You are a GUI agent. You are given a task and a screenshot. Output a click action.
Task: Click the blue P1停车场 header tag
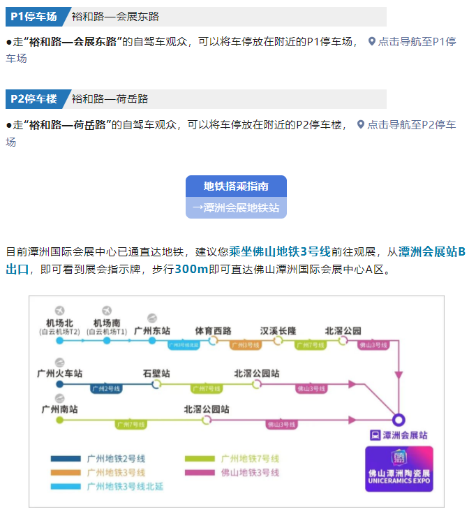(34, 17)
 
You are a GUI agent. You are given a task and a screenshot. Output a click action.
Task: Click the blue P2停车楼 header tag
(34, 99)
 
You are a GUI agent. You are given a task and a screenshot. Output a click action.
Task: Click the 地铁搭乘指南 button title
(236, 186)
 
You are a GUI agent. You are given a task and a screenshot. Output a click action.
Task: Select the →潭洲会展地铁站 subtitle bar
(236, 207)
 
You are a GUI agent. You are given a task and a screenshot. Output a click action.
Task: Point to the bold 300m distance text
(191, 270)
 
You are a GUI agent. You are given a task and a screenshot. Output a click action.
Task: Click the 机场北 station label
(59, 323)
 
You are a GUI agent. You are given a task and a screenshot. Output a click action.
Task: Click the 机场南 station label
(107, 323)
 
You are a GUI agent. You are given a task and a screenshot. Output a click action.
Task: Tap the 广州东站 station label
(152, 330)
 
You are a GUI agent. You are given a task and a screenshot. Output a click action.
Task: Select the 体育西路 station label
(212, 330)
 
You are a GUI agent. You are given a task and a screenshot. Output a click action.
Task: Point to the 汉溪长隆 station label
(278, 330)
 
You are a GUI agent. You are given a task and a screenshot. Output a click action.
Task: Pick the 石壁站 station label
(156, 373)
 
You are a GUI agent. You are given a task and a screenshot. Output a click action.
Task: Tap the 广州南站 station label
(59, 409)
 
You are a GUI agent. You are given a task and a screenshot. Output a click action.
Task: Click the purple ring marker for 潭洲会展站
(398, 420)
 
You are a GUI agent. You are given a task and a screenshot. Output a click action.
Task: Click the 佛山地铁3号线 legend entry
(250, 473)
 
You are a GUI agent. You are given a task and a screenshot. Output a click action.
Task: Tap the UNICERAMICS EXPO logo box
(399, 469)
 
